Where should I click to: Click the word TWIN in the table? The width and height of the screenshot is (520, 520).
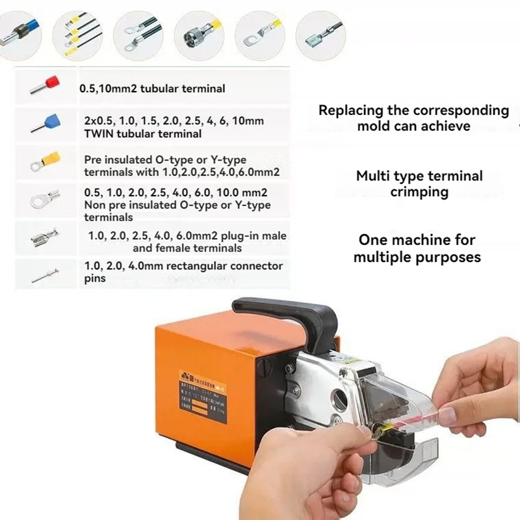(98, 134)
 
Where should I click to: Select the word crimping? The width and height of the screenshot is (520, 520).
(419, 192)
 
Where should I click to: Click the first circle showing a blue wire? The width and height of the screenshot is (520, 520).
(20, 32)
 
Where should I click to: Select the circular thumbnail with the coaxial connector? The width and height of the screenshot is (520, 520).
(200, 32)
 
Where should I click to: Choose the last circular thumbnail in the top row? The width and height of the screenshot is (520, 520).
(320, 32)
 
